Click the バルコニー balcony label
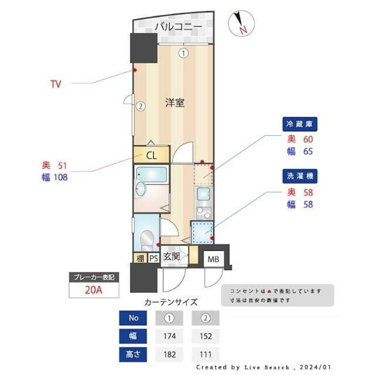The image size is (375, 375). point(178,27)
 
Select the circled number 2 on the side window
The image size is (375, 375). point(141,107)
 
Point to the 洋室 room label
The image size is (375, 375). point(175,103)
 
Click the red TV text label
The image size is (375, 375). point(56,84)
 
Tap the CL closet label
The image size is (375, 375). point(151,155)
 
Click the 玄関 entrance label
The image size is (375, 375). point(172,256)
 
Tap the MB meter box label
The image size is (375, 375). point(213,259)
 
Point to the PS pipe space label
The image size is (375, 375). point(154,258)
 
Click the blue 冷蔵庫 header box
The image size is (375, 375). point(301,124)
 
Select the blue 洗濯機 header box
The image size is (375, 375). point(301,175)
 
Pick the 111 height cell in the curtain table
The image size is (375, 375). point(205,354)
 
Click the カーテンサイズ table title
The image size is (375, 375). point(171,302)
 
